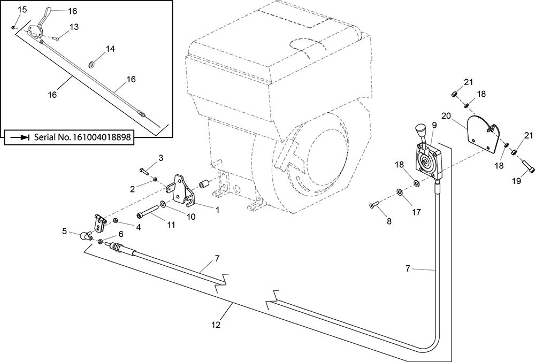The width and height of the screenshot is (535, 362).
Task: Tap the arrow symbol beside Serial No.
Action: point(20,137)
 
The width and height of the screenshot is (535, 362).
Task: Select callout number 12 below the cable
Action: point(216,325)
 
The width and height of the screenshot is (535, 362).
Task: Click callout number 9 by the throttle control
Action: point(434,125)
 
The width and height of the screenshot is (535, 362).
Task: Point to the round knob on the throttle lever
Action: point(420,130)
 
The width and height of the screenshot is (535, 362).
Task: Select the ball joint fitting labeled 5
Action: point(86,235)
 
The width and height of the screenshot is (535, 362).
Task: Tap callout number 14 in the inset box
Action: point(110,49)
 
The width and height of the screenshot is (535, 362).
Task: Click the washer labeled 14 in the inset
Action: point(91,64)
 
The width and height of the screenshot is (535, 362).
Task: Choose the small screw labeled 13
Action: point(56,40)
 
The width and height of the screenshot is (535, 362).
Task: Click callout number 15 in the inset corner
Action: point(22,10)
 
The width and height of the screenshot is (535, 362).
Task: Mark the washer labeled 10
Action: point(163,204)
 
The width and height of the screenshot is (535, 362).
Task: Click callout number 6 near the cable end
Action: point(120,234)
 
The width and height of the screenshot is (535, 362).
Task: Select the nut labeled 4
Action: point(115,221)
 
